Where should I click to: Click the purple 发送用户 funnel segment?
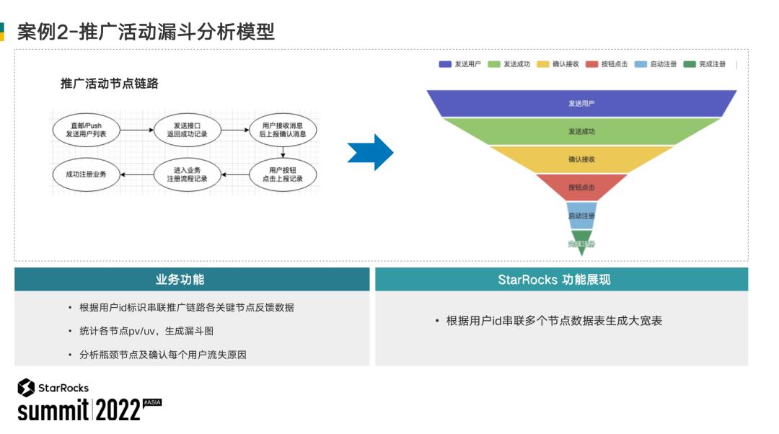(581, 103)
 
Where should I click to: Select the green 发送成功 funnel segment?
(581, 131)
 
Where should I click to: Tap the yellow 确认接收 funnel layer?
(581, 159)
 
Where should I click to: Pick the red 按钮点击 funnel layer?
(581, 187)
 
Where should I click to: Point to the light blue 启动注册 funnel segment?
(581, 216)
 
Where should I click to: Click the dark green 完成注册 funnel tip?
(581, 242)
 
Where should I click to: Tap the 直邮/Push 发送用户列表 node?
(85, 130)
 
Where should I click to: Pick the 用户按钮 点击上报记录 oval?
(282, 174)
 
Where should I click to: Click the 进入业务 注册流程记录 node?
(187, 174)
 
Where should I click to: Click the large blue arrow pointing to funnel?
(371, 152)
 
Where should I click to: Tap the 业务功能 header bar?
(192, 280)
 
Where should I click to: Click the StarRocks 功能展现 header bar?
(560, 280)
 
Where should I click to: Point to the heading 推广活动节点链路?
(109, 84)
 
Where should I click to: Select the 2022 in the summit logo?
(118, 411)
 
